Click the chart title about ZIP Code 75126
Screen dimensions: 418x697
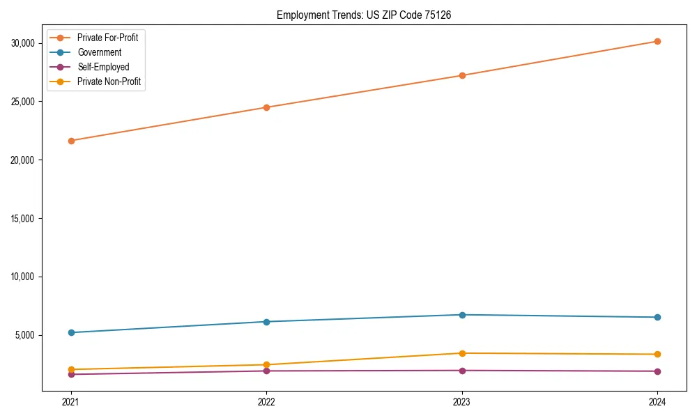point(363,15)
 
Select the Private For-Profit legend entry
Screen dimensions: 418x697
point(107,38)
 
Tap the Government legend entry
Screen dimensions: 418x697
point(99,52)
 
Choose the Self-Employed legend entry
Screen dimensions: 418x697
point(103,67)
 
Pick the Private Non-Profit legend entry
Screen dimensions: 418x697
point(109,82)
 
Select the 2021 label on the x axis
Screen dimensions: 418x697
point(70,402)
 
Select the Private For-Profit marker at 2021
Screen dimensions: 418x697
point(70,141)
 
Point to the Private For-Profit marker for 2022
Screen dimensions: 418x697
point(266,107)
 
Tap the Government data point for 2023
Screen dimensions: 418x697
point(462,315)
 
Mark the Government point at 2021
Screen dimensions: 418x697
point(70,332)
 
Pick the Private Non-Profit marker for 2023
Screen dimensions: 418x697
point(462,353)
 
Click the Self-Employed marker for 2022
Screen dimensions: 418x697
point(266,371)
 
